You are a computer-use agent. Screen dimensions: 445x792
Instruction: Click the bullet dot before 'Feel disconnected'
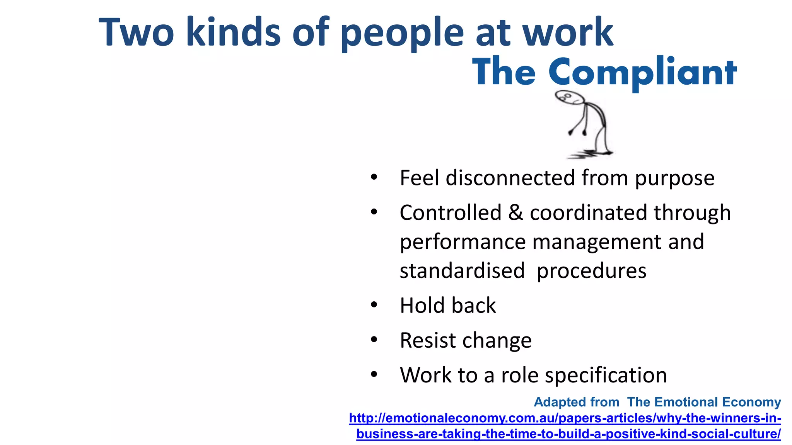[374, 178]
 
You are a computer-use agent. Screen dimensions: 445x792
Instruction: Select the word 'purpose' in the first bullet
[674, 178]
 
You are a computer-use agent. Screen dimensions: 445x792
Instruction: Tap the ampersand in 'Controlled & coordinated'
[515, 213]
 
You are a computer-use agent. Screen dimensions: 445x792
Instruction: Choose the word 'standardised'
[462, 271]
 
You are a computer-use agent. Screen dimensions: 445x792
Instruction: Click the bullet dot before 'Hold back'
[374, 305]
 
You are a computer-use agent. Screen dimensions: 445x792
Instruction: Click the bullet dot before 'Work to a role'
[374, 375]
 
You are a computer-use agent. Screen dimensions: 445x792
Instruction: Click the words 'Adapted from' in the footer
[577, 402]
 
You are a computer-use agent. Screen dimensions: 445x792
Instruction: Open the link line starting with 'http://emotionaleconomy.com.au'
[565, 418]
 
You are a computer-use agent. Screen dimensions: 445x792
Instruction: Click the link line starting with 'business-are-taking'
[568, 434]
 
